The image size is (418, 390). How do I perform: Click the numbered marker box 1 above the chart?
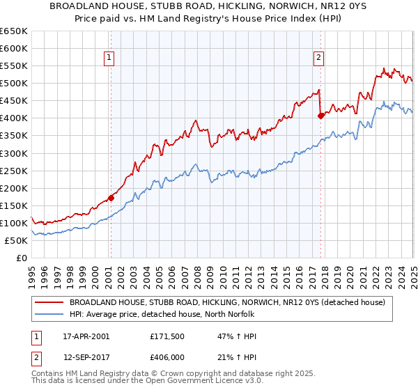pos(110,58)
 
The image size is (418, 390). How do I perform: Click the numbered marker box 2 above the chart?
pos(318,58)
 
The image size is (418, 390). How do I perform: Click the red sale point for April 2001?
pos(111,198)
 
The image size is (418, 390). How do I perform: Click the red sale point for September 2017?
pos(320,116)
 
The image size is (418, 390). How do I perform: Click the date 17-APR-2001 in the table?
pos(86,336)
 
